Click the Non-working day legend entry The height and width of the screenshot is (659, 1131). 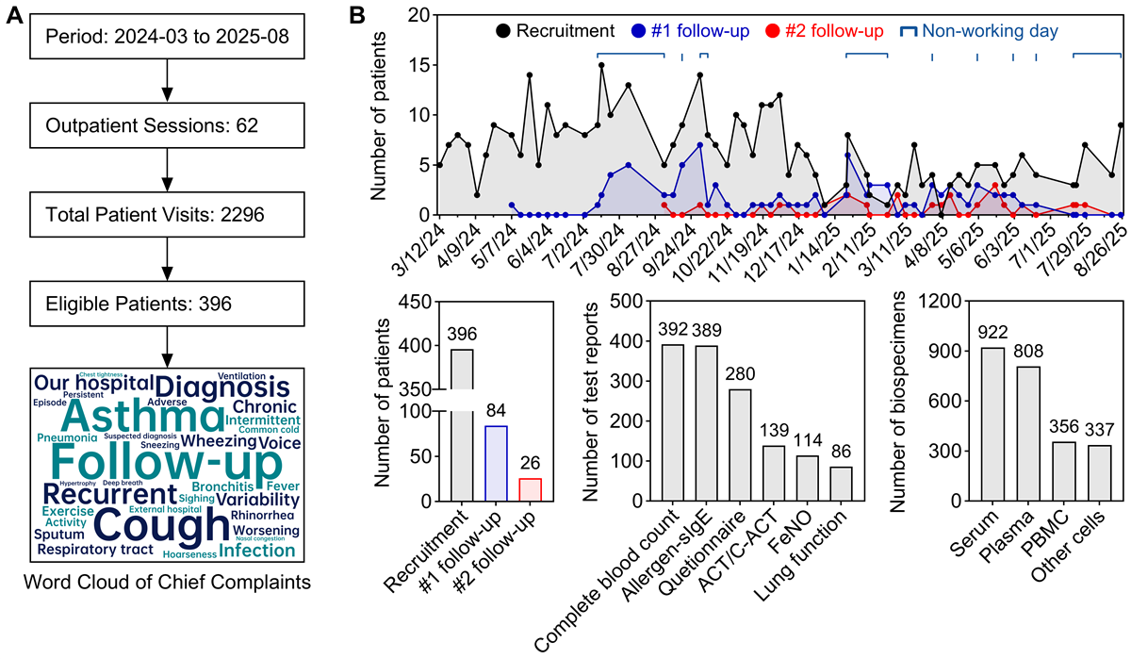point(979,32)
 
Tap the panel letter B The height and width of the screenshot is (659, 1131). point(357,16)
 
